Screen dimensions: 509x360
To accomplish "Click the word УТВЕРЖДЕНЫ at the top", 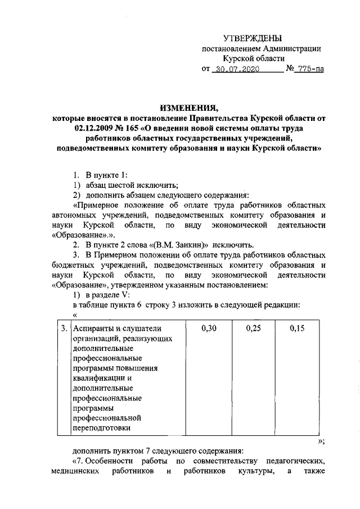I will click(x=253, y=38).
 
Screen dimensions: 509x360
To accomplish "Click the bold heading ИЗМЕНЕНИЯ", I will click(x=188, y=109).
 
